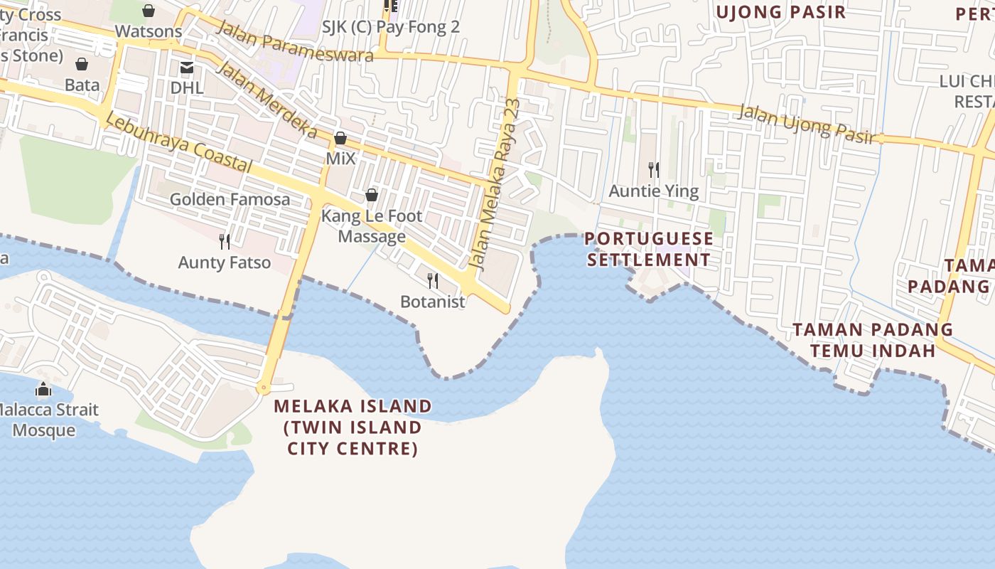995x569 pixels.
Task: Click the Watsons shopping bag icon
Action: (x=149, y=11)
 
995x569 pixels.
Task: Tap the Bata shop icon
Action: (x=82, y=65)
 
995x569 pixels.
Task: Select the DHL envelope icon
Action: (x=187, y=68)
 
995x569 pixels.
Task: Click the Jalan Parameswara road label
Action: (x=295, y=41)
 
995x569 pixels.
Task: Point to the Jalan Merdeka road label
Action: (x=266, y=100)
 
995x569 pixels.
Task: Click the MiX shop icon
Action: (x=340, y=138)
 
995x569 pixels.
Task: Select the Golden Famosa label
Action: (x=230, y=199)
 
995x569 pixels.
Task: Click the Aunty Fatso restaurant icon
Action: (x=225, y=242)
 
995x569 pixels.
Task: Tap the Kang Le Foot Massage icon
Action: (x=371, y=195)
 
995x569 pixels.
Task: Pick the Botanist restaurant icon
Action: (x=432, y=281)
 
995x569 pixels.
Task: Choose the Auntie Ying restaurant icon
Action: (x=654, y=170)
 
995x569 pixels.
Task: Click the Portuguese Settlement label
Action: (x=649, y=249)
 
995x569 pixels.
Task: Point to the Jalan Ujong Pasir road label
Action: (x=806, y=124)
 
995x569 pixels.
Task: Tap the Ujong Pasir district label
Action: (x=780, y=12)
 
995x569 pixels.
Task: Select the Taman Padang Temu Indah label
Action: (x=873, y=340)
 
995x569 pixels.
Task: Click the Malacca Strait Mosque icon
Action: (x=43, y=390)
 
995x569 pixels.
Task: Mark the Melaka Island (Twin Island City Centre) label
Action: (x=353, y=427)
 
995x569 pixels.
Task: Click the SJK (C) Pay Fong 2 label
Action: (x=391, y=27)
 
